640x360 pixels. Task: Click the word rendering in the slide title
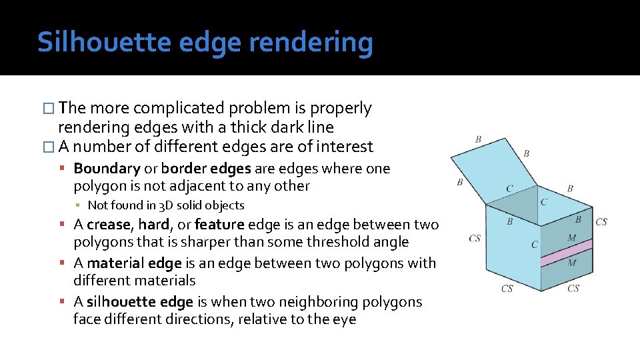click(311, 42)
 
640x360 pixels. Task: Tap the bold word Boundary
click(107, 169)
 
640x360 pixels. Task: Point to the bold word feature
click(218, 225)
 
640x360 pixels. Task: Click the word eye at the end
click(345, 319)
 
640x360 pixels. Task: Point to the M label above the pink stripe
click(571, 238)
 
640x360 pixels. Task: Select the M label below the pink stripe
click(571, 263)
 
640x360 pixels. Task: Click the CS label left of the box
click(475, 238)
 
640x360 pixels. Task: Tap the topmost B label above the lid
click(478, 139)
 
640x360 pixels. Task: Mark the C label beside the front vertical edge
click(534, 245)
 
